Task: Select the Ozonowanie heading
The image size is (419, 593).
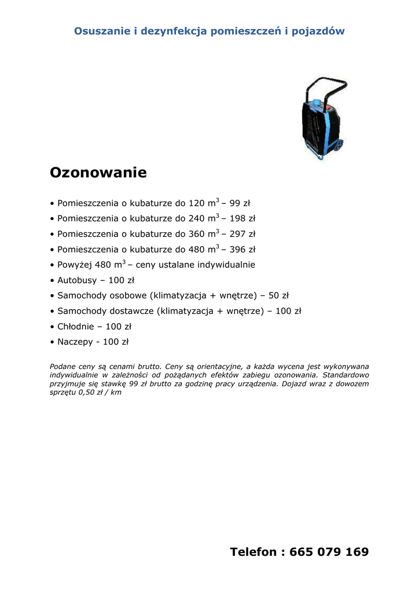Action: click(x=98, y=173)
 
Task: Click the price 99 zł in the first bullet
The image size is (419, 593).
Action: click(x=240, y=203)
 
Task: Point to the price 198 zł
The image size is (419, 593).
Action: click(x=242, y=219)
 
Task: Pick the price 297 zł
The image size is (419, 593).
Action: click(x=242, y=234)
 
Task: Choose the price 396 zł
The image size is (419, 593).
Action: click(x=242, y=250)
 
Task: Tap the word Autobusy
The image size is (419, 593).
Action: click(x=77, y=280)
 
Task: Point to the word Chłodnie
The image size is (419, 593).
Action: click(x=76, y=326)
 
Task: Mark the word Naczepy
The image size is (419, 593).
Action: click(x=75, y=342)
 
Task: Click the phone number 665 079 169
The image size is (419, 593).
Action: click(x=332, y=552)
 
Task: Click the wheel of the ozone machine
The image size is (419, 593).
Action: click(x=336, y=148)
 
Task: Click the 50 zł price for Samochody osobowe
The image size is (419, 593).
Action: click(x=278, y=295)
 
